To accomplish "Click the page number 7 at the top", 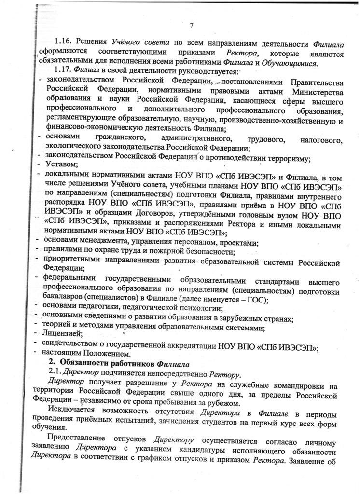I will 192,26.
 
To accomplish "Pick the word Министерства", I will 317,92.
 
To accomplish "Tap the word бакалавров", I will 68,298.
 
